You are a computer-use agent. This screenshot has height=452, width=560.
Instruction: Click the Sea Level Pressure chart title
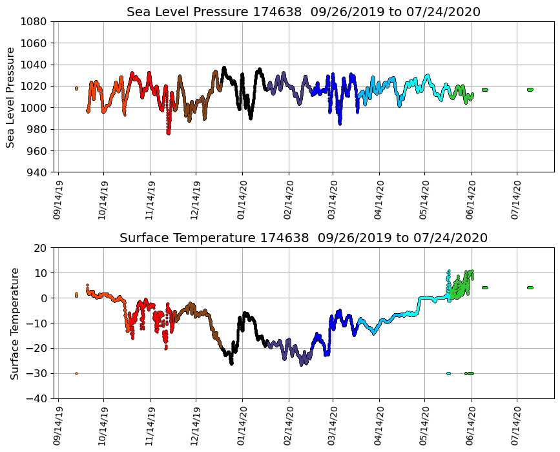tap(303, 12)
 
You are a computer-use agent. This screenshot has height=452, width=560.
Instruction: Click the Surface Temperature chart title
tap(303, 238)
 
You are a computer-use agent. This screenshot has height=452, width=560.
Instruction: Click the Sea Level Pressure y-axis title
tap(11, 97)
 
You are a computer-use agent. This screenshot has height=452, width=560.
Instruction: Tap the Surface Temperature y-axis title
tap(14, 323)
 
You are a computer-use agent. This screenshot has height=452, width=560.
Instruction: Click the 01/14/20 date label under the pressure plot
tap(242, 200)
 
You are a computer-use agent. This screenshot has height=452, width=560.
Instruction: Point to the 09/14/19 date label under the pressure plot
tap(57, 200)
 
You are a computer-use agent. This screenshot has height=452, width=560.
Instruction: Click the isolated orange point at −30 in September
tap(76, 373)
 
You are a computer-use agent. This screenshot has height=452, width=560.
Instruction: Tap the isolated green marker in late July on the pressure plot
tap(530, 90)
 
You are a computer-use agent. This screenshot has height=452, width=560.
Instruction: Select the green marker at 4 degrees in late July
tap(530, 287)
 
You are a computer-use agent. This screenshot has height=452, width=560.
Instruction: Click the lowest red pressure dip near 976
tap(169, 132)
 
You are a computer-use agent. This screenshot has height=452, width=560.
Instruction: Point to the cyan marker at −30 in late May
tap(448, 373)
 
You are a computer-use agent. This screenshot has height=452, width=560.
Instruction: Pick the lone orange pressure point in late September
tap(76, 88)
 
